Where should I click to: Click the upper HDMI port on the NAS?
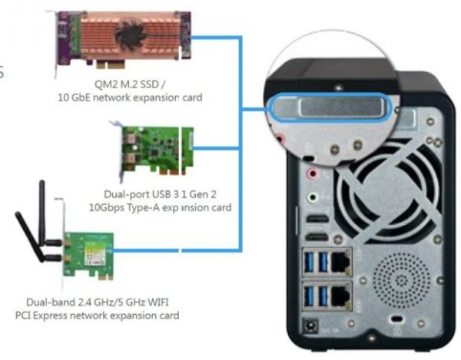317,220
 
